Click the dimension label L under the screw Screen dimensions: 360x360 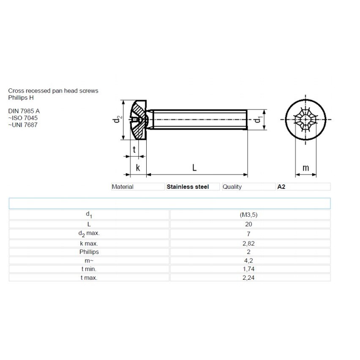[194, 168]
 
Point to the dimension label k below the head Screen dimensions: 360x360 [138, 168]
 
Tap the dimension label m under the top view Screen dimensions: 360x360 [306, 168]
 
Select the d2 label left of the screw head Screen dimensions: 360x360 [119, 120]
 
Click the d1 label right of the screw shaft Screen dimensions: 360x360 [257, 120]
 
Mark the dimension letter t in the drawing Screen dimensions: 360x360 [134, 150]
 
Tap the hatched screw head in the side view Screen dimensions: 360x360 [139, 120]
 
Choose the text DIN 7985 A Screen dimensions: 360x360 [24, 111]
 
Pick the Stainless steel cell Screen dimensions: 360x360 [188, 187]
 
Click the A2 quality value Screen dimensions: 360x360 [281, 187]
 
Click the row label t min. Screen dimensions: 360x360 [89, 269]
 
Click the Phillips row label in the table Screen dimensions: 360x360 [89, 252]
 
